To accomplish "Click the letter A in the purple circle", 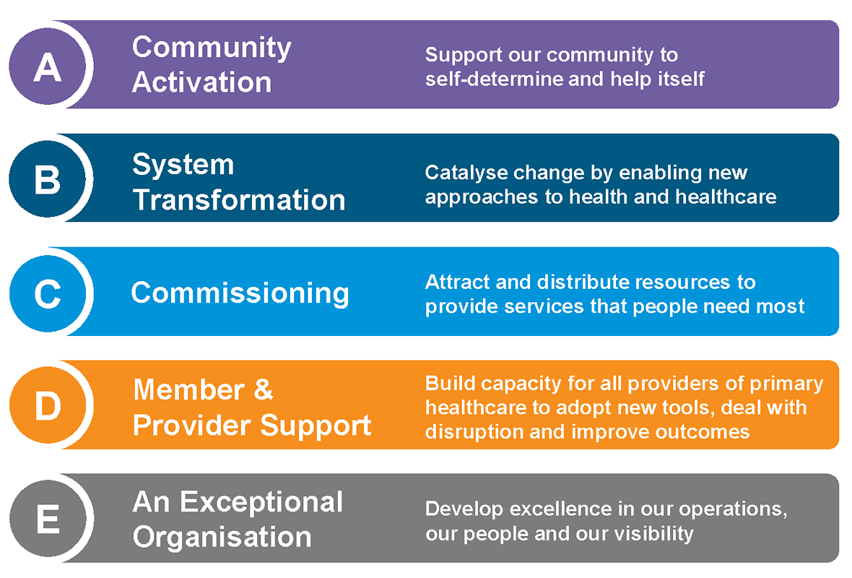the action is pyautogui.click(x=47, y=67).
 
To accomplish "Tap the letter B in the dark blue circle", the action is pyautogui.click(x=47, y=179).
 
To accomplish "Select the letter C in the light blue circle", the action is pyautogui.click(x=47, y=293).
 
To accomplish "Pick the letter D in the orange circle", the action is pyautogui.click(x=48, y=406).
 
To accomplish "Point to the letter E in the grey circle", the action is pyautogui.click(x=48, y=519).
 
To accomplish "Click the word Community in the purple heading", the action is pyautogui.click(x=212, y=48).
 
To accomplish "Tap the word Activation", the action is pyautogui.click(x=201, y=82).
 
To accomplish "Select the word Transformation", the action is pyautogui.click(x=239, y=199).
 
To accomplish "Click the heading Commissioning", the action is pyautogui.click(x=240, y=293).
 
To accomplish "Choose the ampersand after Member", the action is pyautogui.click(x=263, y=389).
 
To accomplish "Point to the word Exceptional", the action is pyautogui.click(x=261, y=502).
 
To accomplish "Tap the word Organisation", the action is pyautogui.click(x=222, y=537).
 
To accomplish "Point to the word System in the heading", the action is pyautogui.click(x=183, y=165).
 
